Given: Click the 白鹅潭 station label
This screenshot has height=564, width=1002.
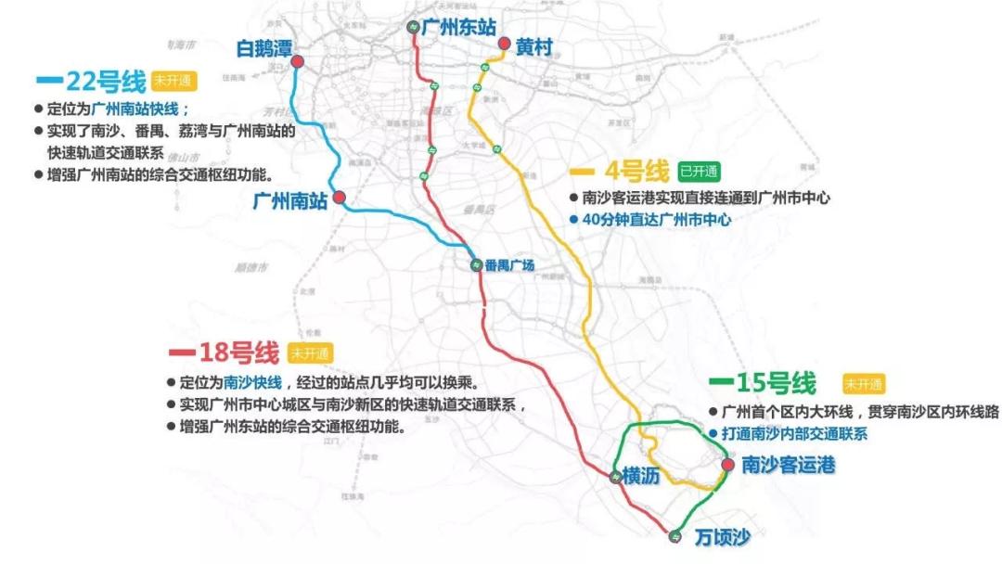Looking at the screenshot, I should (264, 47).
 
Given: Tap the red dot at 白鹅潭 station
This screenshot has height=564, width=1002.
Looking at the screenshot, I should (298, 62).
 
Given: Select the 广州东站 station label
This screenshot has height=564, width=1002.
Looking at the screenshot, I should (458, 28).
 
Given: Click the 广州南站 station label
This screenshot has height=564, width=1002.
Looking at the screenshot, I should (290, 199).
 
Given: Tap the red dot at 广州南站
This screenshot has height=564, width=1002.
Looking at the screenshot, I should (340, 197).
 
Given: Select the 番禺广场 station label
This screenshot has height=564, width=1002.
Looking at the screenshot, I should (509, 266).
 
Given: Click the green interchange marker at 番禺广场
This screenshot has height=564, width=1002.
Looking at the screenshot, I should (475, 264).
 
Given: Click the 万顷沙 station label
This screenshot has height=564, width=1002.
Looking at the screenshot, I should (721, 537).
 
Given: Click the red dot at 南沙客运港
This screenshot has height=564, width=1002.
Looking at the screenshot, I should (727, 465).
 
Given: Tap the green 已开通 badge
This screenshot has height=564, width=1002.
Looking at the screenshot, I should (699, 172).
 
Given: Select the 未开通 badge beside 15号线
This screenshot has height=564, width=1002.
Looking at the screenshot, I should (863, 384).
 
